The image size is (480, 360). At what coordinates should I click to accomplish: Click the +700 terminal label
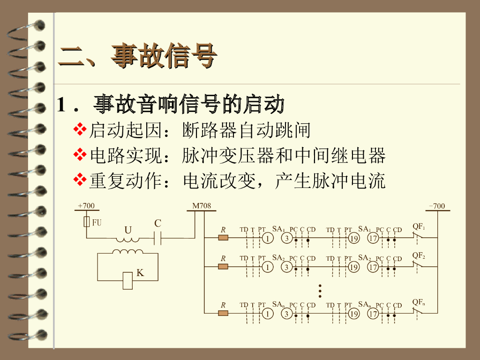point(86,206)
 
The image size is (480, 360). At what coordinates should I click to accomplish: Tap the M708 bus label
point(202,206)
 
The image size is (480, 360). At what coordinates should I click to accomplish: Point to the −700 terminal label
point(437,206)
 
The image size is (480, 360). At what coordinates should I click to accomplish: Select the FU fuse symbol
point(87,222)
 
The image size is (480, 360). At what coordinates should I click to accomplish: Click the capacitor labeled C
point(158,239)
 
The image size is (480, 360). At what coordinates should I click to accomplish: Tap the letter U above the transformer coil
point(127,230)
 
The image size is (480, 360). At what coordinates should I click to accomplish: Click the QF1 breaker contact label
point(419,227)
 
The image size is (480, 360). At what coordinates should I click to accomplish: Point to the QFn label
point(419,302)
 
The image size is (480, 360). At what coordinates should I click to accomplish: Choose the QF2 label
point(419,255)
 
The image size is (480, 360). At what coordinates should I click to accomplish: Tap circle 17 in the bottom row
point(373,314)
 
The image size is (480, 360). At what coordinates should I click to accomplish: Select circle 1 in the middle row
point(267,267)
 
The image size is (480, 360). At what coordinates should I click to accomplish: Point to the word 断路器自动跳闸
point(247,130)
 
